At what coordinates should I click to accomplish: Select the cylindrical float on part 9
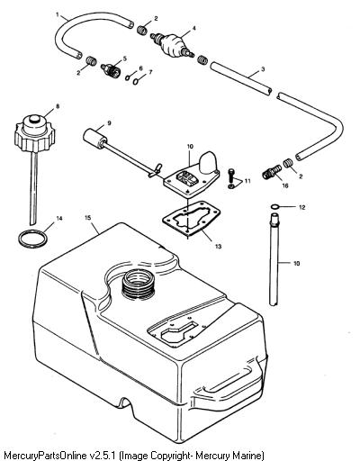(x=94, y=139)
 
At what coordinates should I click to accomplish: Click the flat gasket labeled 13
(x=192, y=222)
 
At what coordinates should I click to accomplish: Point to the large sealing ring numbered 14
(x=32, y=239)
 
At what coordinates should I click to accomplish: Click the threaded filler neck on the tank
(x=139, y=285)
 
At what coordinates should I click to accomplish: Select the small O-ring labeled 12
(x=274, y=207)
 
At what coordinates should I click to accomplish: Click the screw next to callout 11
(x=230, y=175)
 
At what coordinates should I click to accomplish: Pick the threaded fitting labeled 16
(x=273, y=172)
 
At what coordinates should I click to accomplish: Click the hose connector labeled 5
(x=110, y=70)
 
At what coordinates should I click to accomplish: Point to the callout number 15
(x=87, y=218)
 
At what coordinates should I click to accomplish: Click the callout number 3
(x=263, y=69)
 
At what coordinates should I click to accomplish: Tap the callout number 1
(x=58, y=14)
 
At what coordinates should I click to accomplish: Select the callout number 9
(x=109, y=122)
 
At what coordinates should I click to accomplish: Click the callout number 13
(x=218, y=247)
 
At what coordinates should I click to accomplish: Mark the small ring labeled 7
(x=136, y=81)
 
